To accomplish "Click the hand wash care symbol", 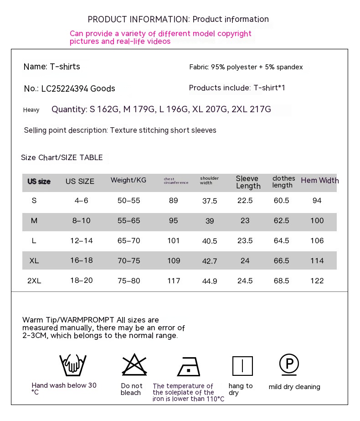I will click(73, 365).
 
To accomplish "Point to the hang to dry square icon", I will click(242, 366).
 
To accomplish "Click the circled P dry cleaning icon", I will click(289, 364).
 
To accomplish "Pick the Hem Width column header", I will click(320, 181).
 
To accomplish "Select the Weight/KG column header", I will click(129, 180).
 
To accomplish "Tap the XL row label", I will click(34, 260).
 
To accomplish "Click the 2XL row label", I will click(34, 281).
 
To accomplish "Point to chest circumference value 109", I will click(174, 260).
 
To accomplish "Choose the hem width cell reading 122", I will click(317, 281).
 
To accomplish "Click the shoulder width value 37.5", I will click(210, 201).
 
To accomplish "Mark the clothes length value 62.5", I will click(281, 220).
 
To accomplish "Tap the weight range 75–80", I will click(129, 281).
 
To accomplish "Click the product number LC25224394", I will click(65, 88).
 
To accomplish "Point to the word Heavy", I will click(31, 110).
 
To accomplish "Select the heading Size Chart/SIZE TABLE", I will click(62, 157).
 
